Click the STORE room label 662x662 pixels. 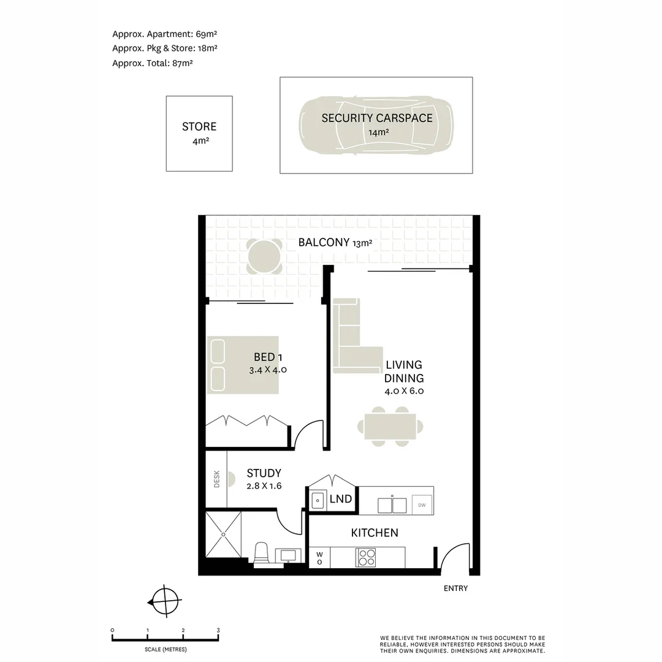[x=199, y=127]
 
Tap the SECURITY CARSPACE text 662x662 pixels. [x=377, y=118]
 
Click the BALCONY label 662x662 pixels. [x=324, y=242]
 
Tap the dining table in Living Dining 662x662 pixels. [x=390, y=427]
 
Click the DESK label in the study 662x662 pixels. [x=216, y=479]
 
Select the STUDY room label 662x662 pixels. [x=264, y=473]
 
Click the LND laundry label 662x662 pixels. [x=341, y=499]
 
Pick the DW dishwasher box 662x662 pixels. [x=422, y=505]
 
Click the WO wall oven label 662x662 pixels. [x=319, y=558]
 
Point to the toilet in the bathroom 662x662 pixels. [x=261, y=552]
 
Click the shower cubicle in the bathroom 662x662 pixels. [x=223, y=535]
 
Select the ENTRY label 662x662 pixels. [x=455, y=588]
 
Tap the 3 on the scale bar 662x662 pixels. [x=218, y=630]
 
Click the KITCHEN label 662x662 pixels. [x=375, y=533]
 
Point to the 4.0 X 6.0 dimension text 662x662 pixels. [x=405, y=390]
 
